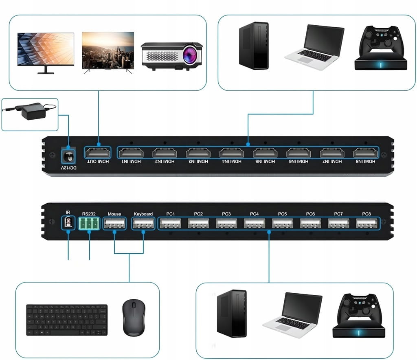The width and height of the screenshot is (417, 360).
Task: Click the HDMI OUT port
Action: tap(98, 153)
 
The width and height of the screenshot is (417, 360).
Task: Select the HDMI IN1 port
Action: tap(131, 153)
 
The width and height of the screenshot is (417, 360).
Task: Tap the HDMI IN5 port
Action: tap(264, 153)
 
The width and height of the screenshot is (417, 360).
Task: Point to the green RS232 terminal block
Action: tap(89, 224)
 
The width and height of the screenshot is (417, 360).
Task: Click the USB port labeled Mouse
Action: tap(114, 223)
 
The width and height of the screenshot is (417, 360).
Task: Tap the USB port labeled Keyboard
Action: tap(143, 223)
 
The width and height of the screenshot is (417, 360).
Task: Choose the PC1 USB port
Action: tap(171, 223)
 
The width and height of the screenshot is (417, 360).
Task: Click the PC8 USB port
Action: tap(367, 223)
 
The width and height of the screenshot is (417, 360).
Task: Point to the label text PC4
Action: tap(255, 214)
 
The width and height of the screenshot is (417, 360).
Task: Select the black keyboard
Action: tap(67, 320)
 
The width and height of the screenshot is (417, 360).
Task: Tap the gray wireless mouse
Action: tap(133, 318)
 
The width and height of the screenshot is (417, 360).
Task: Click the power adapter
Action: tap(32, 112)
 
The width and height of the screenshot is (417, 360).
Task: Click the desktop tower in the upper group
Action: tap(254, 46)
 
